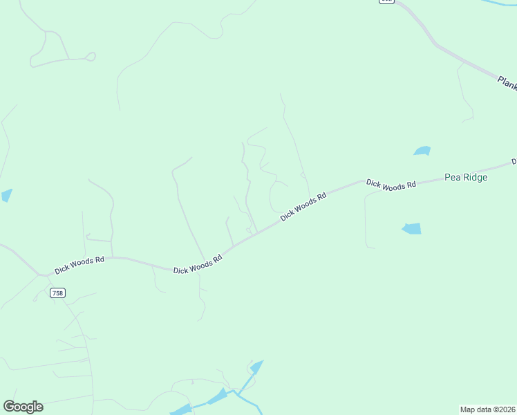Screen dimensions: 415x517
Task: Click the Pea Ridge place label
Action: pyautogui.click(x=466, y=178)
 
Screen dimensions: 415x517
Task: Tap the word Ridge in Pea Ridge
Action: pyautogui.click(x=476, y=178)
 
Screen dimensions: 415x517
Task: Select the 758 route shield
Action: pyautogui.click(x=57, y=293)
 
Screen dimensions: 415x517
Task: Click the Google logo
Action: pyautogui.click(x=23, y=407)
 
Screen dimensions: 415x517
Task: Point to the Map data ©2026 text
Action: pyautogui.click(x=487, y=409)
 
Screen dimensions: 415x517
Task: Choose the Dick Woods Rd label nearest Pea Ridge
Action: pyautogui.click(x=391, y=185)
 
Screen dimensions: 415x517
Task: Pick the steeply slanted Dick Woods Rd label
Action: pyautogui.click(x=303, y=207)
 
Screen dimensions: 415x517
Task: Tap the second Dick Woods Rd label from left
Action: pyautogui.click(x=198, y=264)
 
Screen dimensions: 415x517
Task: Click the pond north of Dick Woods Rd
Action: pyautogui.click(x=422, y=151)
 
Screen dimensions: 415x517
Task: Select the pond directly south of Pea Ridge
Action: pyautogui.click(x=411, y=228)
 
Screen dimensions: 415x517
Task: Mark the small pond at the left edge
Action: pyautogui.click(x=6, y=195)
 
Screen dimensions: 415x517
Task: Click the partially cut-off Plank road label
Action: pyautogui.click(x=507, y=83)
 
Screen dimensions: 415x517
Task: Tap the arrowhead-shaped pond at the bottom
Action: pyautogui.click(x=256, y=367)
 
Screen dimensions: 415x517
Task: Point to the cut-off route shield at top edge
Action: pyautogui.click(x=386, y=2)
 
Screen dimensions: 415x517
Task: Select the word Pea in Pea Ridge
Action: pyautogui.click(x=453, y=178)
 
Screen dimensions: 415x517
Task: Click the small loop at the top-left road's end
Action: pyautogui.click(x=90, y=57)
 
